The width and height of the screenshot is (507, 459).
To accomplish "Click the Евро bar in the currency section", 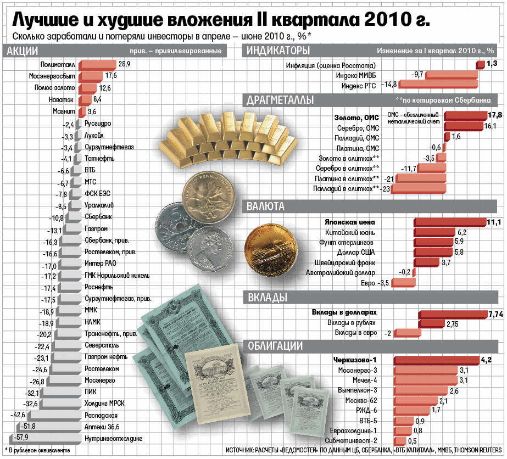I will (403, 283).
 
